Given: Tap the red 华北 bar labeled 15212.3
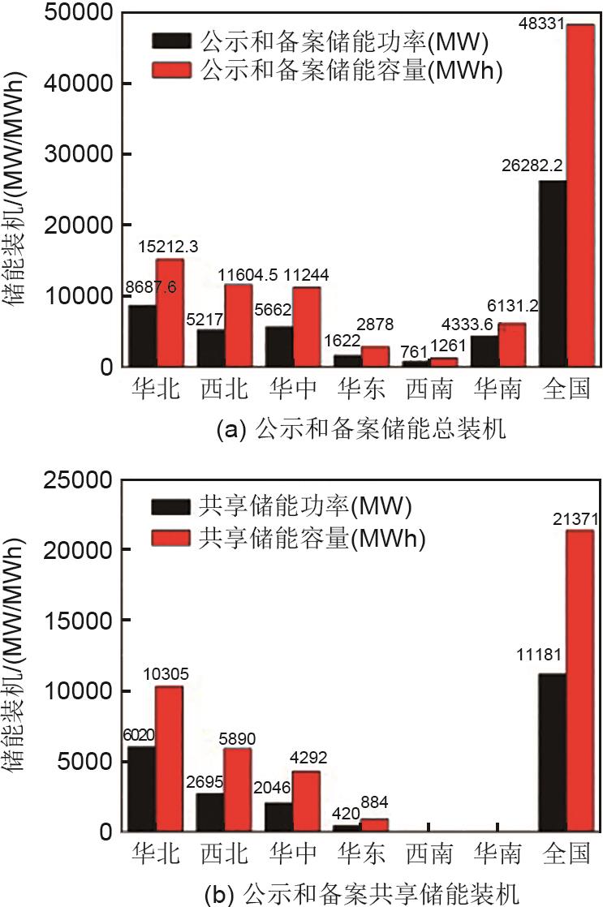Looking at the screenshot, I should pyautogui.click(x=169, y=313).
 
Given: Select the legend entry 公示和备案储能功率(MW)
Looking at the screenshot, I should pyautogui.click(x=329, y=41).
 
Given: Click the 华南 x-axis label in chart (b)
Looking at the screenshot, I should pyautogui.click(x=495, y=855).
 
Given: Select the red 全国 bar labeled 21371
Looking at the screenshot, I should pyautogui.click(x=580, y=681).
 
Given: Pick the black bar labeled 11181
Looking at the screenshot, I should pyautogui.click(x=553, y=753).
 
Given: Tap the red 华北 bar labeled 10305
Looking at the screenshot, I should pyautogui.click(x=169, y=759).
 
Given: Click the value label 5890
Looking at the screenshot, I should pyautogui.click(x=240, y=731).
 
